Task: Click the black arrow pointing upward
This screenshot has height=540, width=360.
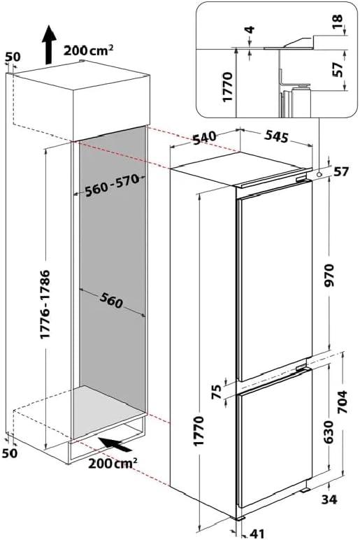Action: tap(49, 44)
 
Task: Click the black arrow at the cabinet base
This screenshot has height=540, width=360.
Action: tap(115, 445)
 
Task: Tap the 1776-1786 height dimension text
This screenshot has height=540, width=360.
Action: tap(45, 304)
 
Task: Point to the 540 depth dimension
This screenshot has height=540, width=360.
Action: tap(204, 138)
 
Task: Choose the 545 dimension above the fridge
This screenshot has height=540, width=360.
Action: tap(276, 136)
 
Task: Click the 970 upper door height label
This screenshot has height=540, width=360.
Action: tap(330, 275)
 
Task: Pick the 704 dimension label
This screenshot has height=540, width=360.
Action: tap(341, 403)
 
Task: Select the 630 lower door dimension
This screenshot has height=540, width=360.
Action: tap(329, 432)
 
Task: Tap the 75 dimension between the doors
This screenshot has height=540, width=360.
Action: tap(217, 392)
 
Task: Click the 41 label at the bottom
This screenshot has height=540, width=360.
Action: tap(257, 534)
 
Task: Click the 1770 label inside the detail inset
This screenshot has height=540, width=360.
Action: tap(228, 87)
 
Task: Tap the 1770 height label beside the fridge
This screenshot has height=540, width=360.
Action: tap(199, 431)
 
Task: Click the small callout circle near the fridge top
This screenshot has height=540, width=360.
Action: tap(319, 175)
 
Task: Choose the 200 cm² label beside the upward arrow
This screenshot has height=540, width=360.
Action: tap(89, 50)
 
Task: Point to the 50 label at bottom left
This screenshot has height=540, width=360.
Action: tap(9, 453)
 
